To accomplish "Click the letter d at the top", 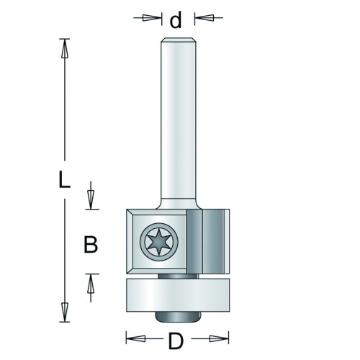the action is click(176, 20).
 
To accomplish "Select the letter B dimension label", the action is click(91, 244).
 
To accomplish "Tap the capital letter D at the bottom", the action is click(176, 341).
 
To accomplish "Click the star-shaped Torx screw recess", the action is click(159, 242).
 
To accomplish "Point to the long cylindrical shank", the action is click(178, 120).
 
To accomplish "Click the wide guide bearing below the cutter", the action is click(178, 295).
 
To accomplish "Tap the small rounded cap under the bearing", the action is click(178, 316).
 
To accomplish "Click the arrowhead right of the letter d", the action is click(204, 17).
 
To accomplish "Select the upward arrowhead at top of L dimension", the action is click(65, 48).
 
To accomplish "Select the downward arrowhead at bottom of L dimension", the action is click(64, 312).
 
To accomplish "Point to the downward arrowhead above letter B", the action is click(91, 199).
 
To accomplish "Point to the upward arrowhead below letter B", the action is click(91, 284).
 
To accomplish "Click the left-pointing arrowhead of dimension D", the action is click(135, 338).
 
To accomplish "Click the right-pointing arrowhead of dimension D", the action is click(219, 338).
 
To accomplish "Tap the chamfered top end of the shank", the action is click(178, 40).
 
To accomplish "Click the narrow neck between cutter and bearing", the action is click(178, 276).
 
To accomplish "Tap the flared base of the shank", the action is click(178, 204).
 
